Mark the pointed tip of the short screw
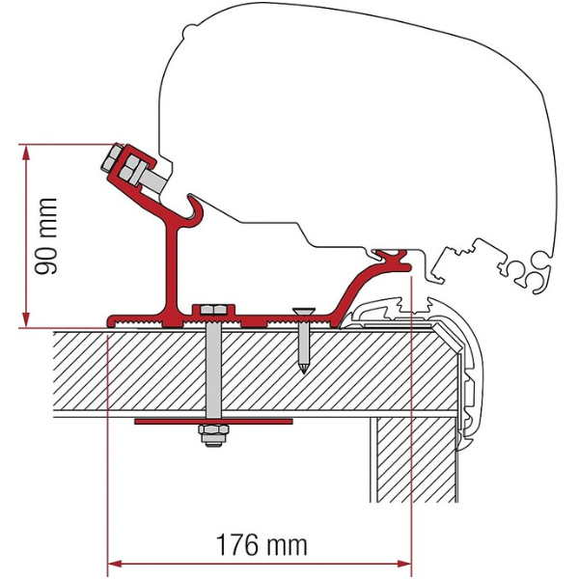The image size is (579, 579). [304, 370]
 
